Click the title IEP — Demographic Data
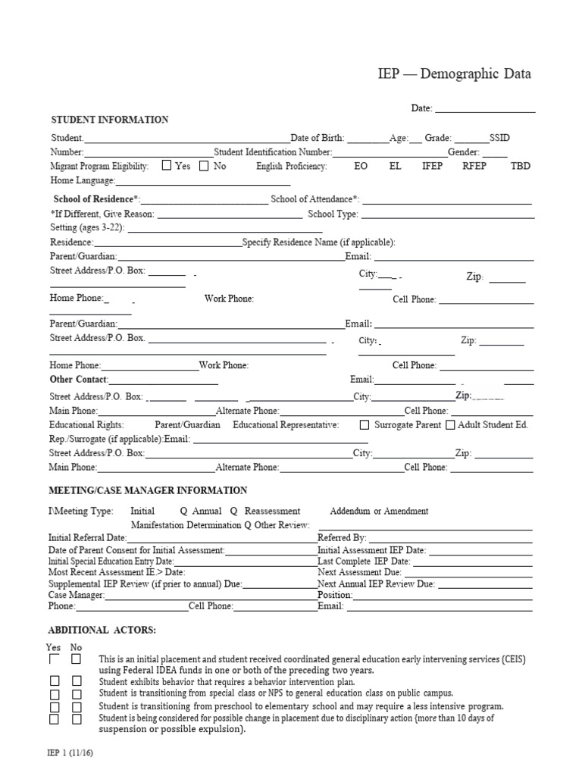455,74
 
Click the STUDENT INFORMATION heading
109,120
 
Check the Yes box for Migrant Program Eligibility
167,166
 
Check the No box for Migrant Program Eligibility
204,166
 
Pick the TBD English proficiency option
521,166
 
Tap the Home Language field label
82,181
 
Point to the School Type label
333,214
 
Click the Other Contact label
79,379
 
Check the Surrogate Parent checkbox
365,425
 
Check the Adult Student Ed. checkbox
450,425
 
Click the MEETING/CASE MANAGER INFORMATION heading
148,490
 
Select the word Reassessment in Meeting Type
272,511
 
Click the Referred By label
342,537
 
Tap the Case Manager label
76,596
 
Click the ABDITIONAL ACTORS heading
102,630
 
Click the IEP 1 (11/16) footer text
73,755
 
